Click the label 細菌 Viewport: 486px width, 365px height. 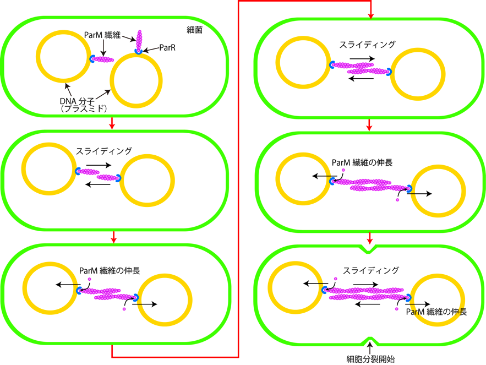194,30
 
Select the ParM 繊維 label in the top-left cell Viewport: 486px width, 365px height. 103,34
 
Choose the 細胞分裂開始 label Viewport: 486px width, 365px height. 371,359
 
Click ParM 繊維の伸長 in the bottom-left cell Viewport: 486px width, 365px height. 109,271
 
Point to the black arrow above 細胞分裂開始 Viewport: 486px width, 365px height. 371,347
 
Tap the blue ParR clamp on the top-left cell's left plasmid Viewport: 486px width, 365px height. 93,58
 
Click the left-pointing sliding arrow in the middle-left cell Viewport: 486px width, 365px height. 96,184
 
